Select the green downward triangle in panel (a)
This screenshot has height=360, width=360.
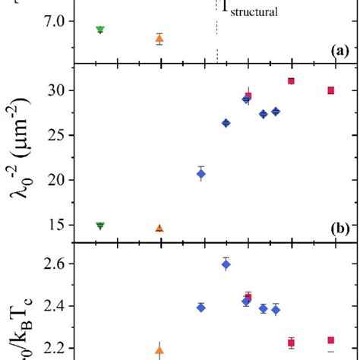[x=99, y=30]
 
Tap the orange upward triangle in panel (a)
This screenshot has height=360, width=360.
[x=159, y=39]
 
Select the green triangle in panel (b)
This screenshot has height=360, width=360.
[x=99, y=226]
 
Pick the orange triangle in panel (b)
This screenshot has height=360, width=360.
[x=159, y=228]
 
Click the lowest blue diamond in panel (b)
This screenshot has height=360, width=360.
[x=201, y=174]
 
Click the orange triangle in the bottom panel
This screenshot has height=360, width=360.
[x=159, y=351]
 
